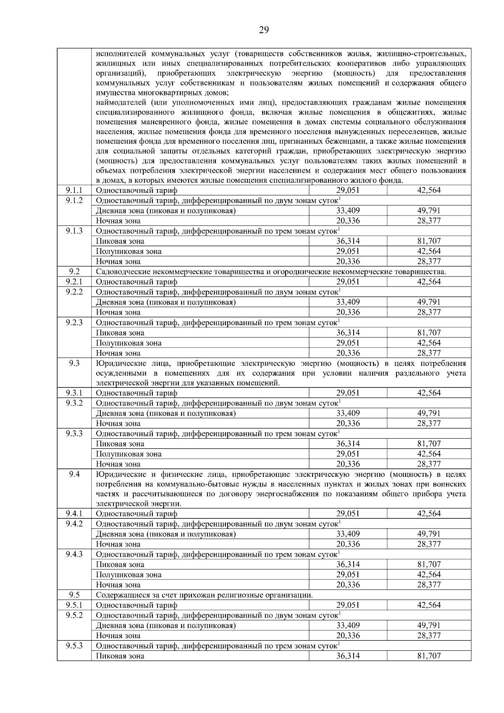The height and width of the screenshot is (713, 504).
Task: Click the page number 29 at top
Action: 263,29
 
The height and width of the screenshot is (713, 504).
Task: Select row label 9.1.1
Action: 74,190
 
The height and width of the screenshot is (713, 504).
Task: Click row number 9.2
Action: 74,271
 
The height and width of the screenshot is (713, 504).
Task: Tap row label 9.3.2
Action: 74,403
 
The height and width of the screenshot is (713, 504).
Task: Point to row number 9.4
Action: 74,474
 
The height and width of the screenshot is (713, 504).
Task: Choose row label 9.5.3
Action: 74,646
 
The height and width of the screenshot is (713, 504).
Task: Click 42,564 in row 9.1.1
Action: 429,190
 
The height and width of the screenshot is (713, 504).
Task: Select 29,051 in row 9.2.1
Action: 348,282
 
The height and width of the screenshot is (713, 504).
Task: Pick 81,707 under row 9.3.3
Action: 429,444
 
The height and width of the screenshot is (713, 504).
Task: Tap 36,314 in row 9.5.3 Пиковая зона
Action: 348,656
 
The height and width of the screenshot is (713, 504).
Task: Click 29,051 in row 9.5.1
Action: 348,605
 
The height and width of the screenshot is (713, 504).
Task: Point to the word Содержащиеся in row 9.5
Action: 119,595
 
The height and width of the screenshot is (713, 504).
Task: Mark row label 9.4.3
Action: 74,554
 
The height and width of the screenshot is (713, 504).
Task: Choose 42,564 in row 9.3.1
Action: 429,393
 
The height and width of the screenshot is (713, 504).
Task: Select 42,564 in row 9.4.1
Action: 429,513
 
